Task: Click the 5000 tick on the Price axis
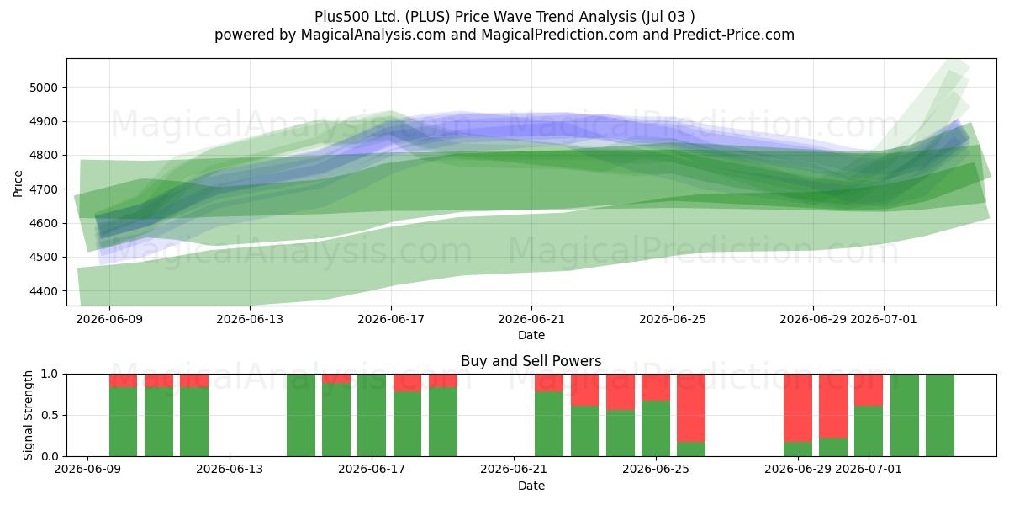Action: pos(44,88)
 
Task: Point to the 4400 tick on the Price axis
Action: pos(44,291)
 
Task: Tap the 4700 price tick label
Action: pos(44,189)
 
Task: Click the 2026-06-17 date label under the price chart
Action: pos(391,319)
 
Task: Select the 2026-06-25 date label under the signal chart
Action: pos(656,469)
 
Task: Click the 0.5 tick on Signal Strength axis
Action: pos(50,415)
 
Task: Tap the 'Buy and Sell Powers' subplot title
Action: pos(531,361)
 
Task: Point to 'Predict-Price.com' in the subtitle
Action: pos(734,35)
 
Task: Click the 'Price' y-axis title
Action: pos(18,183)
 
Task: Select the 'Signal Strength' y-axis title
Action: pos(28,415)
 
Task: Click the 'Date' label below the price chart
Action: pos(531,335)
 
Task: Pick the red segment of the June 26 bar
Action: pos(691,408)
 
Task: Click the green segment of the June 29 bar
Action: pos(798,449)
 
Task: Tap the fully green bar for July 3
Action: pos(940,415)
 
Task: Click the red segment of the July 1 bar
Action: pos(869,390)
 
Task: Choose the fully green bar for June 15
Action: pos(301,415)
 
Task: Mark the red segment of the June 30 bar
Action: pos(833,406)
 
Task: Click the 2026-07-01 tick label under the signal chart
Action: pos(869,469)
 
